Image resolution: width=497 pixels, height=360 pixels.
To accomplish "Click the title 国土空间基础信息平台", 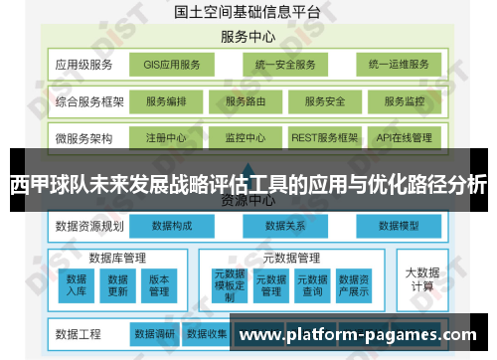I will [x=248, y=12].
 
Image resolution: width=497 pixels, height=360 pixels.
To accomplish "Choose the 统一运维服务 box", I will [x=398, y=65].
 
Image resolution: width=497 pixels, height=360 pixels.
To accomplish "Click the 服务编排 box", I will [x=173, y=101].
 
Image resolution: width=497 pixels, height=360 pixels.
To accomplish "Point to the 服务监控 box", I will [x=404, y=101].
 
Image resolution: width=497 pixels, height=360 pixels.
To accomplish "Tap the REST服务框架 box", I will [x=324, y=137].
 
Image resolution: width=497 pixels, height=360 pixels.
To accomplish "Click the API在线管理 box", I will [x=404, y=137].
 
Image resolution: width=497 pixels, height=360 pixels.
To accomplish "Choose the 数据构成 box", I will [x=174, y=226].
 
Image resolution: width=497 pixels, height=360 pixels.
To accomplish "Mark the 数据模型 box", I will [x=402, y=226].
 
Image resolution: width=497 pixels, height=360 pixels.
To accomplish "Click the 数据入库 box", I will [x=77, y=284].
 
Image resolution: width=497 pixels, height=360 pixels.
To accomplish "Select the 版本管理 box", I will [x=159, y=284].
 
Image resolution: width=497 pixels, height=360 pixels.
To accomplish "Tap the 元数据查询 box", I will [x=313, y=284].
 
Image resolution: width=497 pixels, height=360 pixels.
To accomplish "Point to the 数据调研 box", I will [x=154, y=333].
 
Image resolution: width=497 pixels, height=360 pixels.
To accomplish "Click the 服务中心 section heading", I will [x=248, y=37].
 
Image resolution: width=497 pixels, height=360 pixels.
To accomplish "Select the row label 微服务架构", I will [x=84, y=137].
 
